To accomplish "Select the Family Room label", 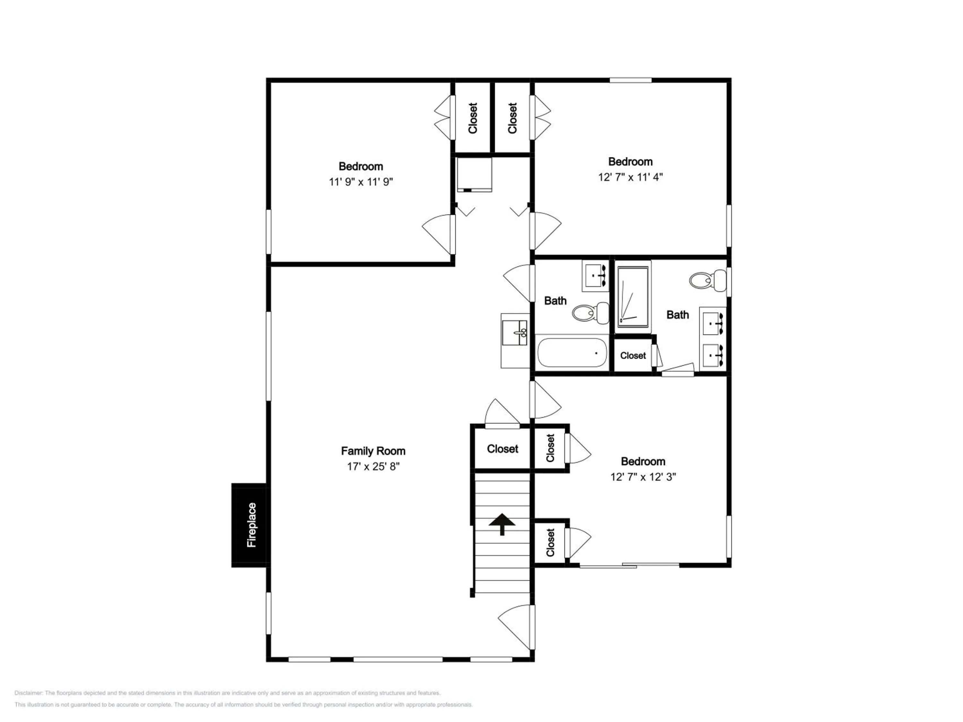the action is click(x=373, y=451).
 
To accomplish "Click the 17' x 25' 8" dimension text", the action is click(x=373, y=467).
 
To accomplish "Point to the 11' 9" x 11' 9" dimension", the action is click(x=361, y=182).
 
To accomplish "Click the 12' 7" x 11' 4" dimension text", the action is click(x=630, y=177).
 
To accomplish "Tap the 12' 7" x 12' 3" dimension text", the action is click(x=643, y=477).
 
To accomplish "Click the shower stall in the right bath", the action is click(x=633, y=297).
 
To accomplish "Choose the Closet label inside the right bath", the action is click(x=633, y=356).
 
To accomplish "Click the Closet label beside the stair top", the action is click(x=502, y=449).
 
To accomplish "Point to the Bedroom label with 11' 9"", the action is click(x=361, y=166).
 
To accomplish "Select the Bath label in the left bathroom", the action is click(x=556, y=301).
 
